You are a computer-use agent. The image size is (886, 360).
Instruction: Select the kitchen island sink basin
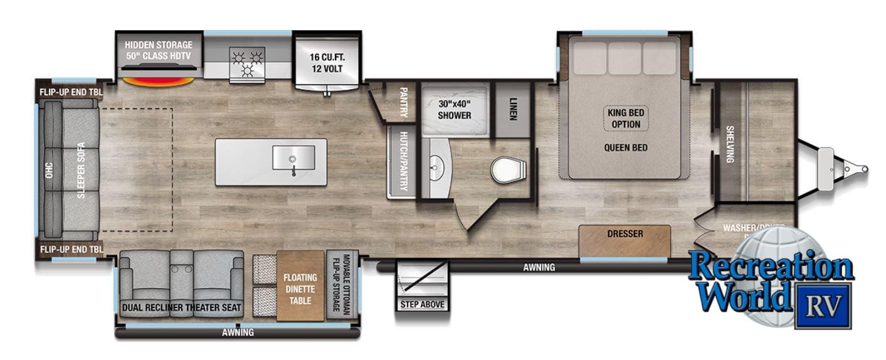293,157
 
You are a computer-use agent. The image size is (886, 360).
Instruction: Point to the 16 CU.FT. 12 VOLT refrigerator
327,63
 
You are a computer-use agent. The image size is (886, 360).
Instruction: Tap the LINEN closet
512,109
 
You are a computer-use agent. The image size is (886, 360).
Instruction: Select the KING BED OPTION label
626,118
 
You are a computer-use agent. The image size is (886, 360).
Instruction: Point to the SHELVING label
730,144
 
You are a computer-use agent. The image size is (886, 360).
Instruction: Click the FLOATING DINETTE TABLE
300,289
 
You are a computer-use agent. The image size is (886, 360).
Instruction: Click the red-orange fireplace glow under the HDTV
157,82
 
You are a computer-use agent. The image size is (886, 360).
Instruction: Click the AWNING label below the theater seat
238,332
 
